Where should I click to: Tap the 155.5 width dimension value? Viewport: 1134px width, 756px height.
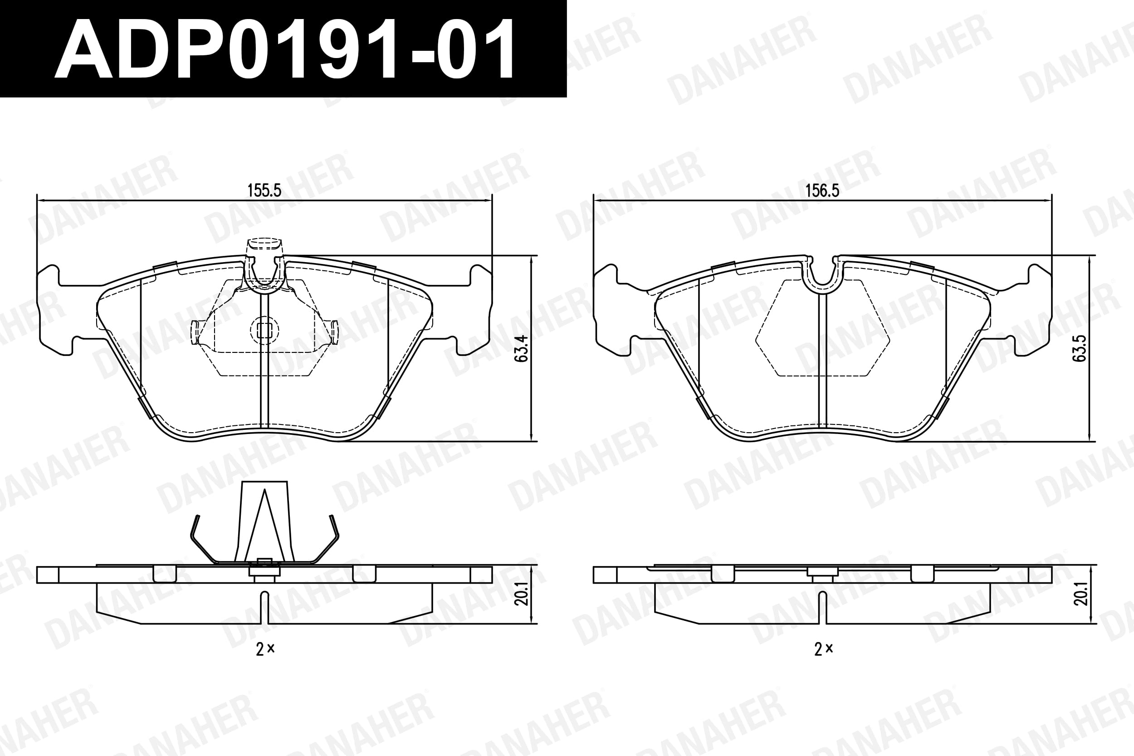click(x=264, y=190)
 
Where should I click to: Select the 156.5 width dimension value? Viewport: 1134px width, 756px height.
click(x=822, y=190)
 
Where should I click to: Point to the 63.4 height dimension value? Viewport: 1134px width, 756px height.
click(x=522, y=349)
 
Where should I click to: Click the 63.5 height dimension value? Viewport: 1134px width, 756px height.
click(x=1080, y=348)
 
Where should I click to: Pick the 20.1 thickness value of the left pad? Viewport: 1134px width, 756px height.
click(x=522, y=594)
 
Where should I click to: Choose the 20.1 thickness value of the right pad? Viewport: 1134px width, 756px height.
click(x=1080, y=594)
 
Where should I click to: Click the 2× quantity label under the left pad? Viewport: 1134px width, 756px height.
click(x=265, y=649)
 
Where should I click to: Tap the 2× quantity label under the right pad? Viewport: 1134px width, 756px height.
click(x=823, y=649)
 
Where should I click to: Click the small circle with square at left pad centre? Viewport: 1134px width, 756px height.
click(x=264, y=330)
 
